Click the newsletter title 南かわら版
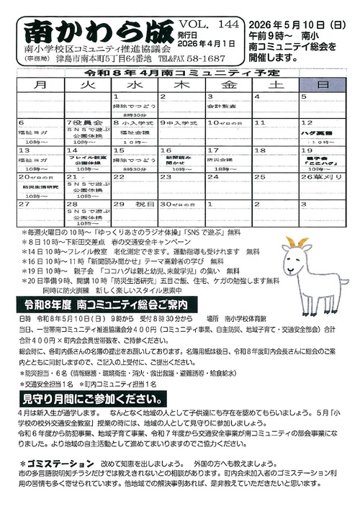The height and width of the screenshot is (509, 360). (x=97, y=32)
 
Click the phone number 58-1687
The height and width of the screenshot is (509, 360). (x=204, y=60)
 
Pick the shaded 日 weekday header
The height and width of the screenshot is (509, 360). (x=323, y=85)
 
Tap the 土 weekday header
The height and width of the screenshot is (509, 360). (x=276, y=85)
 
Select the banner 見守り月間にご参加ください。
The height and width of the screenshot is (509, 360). (x=89, y=398)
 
